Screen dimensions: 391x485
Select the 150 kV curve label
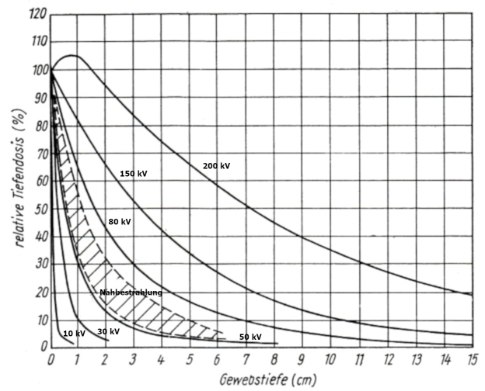(133, 174)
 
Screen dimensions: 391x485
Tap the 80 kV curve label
(119, 222)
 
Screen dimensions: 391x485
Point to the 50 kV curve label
(249, 337)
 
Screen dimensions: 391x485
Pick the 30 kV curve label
(108, 332)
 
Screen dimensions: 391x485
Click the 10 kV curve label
(74, 334)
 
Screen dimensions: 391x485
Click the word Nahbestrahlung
(131, 292)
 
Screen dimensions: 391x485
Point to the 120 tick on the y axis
(34, 13)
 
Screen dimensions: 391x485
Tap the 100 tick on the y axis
(34, 69)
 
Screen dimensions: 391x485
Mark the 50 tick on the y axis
(37, 209)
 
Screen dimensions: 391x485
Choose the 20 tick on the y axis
(37, 292)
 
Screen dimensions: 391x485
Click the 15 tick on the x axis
(470, 359)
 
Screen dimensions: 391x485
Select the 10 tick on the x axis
(330, 359)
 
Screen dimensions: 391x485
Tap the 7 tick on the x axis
(246, 359)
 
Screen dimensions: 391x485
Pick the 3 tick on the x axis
(134, 359)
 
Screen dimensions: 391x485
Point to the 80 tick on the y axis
(37, 125)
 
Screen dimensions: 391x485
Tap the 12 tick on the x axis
(386, 359)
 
